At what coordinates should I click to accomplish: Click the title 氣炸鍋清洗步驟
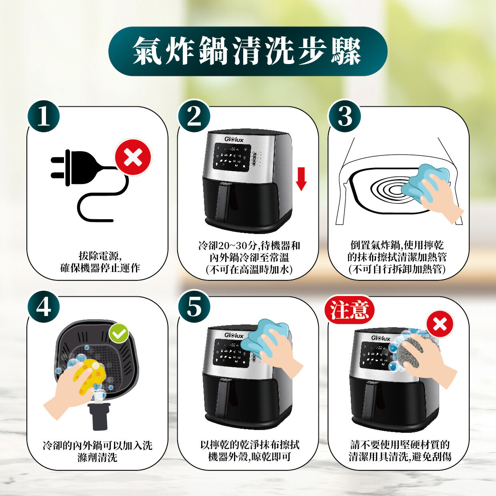coord(247,51)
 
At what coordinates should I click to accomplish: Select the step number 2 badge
coord(194,117)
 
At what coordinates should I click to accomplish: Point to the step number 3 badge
coord(344,117)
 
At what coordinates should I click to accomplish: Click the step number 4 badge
coord(43,307)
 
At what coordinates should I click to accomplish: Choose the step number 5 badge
coord(194,307)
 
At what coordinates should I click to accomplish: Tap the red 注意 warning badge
coord(349,310)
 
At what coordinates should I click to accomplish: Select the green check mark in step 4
coord(119,333)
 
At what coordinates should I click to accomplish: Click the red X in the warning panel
coord(440,324)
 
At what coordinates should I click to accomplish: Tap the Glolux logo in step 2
coord(234,140)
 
